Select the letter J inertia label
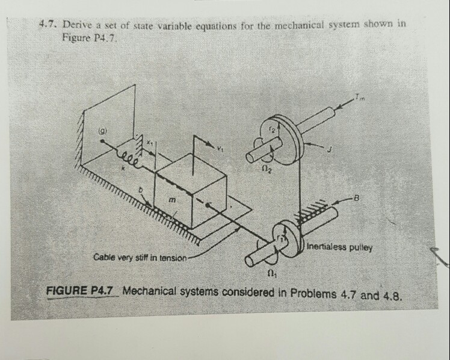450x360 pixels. pyautogui.click(x=330, y=149)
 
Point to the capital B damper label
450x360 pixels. pyautogui.click(x=357, y=197)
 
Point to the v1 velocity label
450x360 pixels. pyautogui.click(x=220, y=149)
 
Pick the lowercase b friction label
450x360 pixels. pyautogui.click(x=141, y=190)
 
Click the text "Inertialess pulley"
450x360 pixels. pyautogui.click(x=339, y=247)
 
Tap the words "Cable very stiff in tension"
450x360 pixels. pyautogui.click(x=140, y=258)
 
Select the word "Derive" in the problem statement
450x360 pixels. pyautogui.click(x=76, y=25)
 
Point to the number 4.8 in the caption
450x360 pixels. pyautogui.click(x=392, y=296)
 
